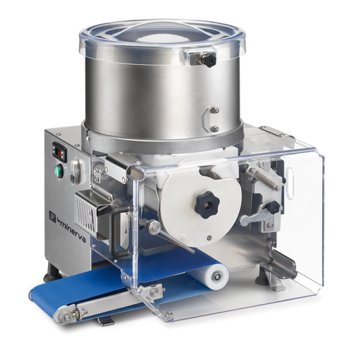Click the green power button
click(x=58, y=171)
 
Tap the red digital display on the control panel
click(x=59, y=152)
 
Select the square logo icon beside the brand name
click(x=52, y=216)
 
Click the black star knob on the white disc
click(x=207, y=205)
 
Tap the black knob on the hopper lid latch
click(x=210, y=60)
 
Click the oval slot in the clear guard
click(x=290, y=184)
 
